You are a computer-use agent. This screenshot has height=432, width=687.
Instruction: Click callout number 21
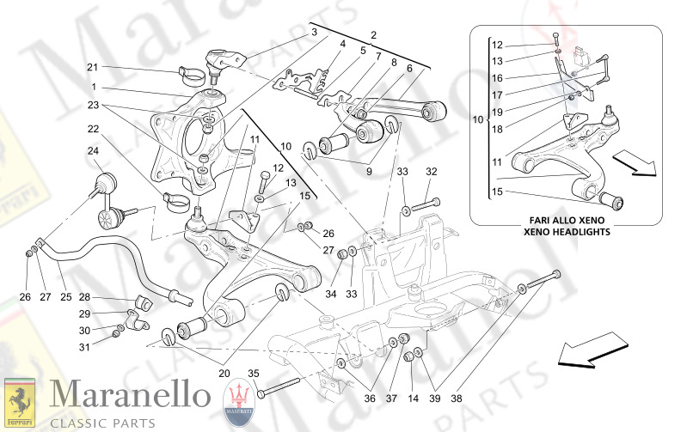(x=92, y=67)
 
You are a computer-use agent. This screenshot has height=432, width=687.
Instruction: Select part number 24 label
(x=92, y=151)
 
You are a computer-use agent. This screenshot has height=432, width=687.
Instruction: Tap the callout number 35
(x=253, y=374)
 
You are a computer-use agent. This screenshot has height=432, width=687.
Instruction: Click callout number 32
(x=432, y=171)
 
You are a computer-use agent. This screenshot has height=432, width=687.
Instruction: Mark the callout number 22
(x=92, y=129)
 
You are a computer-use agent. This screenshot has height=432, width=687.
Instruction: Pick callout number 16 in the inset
(x=497, y=78)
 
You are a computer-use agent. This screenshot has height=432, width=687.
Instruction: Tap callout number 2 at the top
(x=374, y=35)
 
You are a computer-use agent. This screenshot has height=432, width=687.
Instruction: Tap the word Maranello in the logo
(x=130, y=395)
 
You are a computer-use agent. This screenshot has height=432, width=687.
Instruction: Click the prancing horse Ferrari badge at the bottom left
(x=22, y=401)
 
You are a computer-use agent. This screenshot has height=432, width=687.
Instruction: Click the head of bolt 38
(x=554, y=275)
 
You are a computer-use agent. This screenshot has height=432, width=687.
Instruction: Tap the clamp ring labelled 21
(x=190, y=70)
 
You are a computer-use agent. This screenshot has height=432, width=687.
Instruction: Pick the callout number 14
(x=414, y=399)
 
